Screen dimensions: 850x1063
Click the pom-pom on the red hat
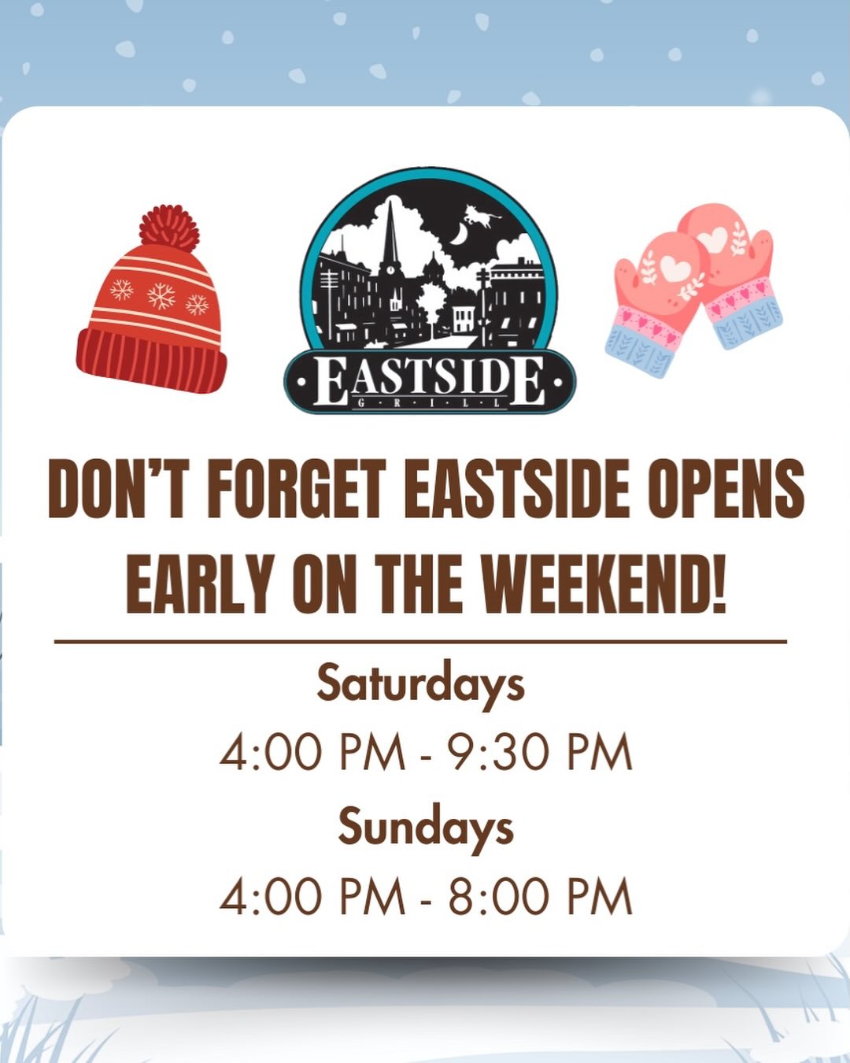click(x=169, y=228)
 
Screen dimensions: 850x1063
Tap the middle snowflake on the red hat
click(x=161, y=295)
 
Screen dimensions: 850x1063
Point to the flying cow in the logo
click(x=482, y=216)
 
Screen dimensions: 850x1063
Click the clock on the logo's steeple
click(x=390, y=270)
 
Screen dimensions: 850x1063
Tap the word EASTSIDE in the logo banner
click(x=430, y=381)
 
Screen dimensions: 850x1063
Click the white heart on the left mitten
click(x=674, y=269)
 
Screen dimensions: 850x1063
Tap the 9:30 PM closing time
click(x=542, y=752)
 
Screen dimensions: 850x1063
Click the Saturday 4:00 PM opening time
click(x=312, y=752)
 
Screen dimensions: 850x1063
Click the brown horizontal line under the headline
click(x=420, y=642)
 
